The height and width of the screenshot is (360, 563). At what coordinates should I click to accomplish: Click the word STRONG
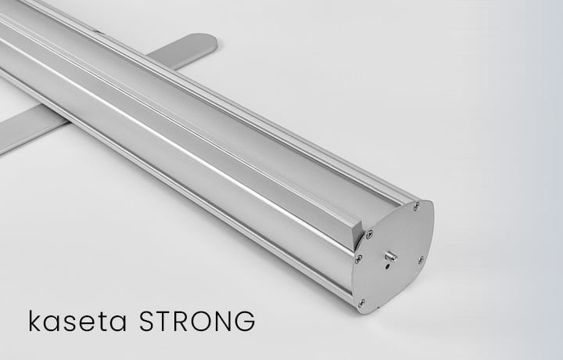[x=195, y=322]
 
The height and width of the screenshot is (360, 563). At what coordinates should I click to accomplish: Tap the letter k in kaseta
[x=34, y=322]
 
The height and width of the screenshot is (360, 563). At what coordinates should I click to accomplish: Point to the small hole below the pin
[x=387, y=267]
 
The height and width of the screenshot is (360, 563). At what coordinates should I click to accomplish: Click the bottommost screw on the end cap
[x=360, y=302]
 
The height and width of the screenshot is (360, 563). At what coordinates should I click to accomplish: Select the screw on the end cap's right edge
[x=421, y=259]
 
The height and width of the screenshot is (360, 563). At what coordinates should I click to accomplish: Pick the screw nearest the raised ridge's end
[x=368, y=233]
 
